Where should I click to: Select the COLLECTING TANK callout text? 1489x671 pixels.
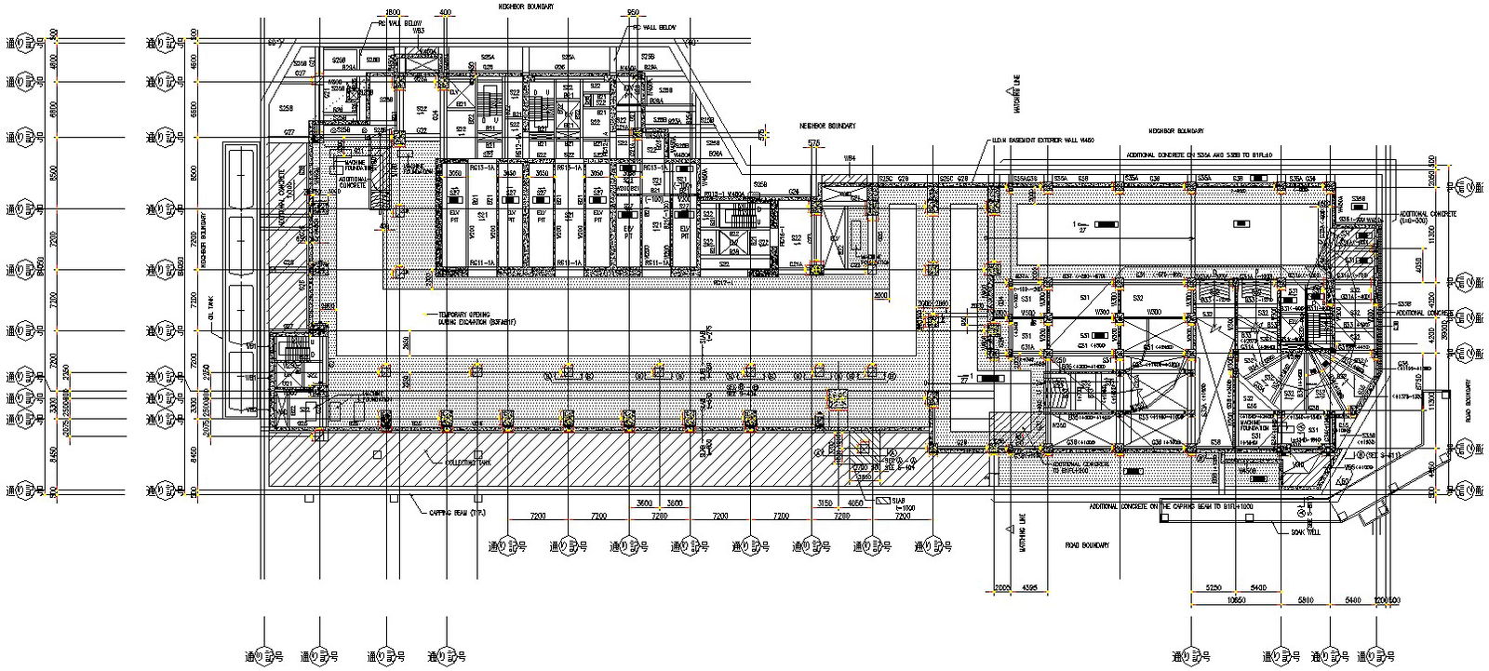click(463, 462)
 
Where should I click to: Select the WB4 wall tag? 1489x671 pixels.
click(849, 159)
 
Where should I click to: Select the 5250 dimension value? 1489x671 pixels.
click(1214, 589)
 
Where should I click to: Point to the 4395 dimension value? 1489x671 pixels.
click(1030, 589)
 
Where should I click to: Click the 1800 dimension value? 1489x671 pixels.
click(381, 12)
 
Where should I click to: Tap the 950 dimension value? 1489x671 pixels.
click(634, 12)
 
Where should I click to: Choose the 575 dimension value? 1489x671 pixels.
click(814, 143)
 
